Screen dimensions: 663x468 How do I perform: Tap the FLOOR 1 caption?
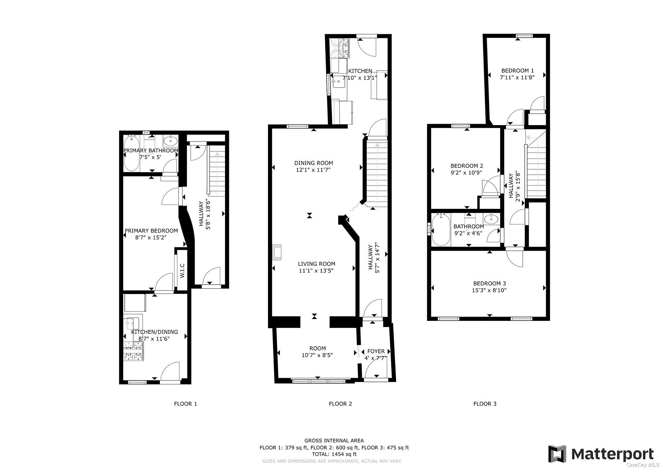point(186,404)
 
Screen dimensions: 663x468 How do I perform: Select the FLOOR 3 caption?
point(485,404)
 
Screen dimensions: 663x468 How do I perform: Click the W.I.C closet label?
point(182,271)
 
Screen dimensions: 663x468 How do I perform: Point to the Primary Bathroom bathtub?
point(132,154)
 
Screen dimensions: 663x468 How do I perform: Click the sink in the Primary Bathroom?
point(170,141)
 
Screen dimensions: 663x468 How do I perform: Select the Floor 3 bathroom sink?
point(492,219)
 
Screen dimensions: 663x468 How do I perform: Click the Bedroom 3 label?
point(490,284)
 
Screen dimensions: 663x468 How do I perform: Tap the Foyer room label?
point(376,351)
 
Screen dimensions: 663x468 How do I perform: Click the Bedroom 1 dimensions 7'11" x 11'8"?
point(517,77)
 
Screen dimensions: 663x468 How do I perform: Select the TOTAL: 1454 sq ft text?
point(334,454)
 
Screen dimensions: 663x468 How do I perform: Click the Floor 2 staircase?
point(377,173)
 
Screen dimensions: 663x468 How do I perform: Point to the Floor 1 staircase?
point(217,171)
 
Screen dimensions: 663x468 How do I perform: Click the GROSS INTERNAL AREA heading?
point(334,440)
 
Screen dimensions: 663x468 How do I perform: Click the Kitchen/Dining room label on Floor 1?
point(155,332)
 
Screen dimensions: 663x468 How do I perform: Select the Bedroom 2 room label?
point(467,166)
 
